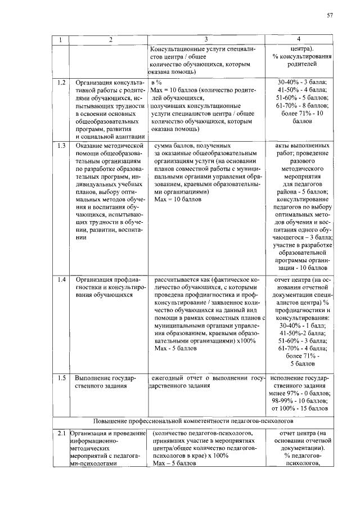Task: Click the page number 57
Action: click(330, 15)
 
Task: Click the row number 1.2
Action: click(61, 82)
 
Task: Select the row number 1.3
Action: click(61, 145)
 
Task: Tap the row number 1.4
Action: click(61, 278)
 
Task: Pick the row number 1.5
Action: click(61, 377)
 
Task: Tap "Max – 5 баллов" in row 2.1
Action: click(176, 463)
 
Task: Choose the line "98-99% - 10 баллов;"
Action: click(300, 400)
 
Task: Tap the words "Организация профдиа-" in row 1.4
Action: click(107, 278)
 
